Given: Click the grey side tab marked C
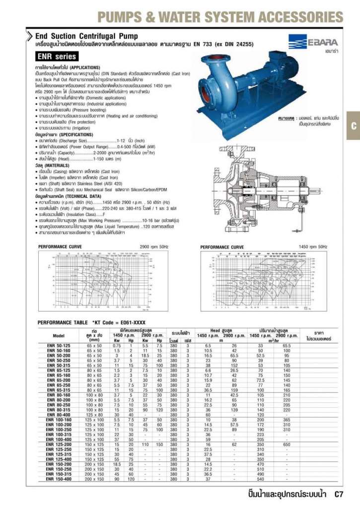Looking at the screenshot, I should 353,126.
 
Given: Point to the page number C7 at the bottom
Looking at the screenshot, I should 339,494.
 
